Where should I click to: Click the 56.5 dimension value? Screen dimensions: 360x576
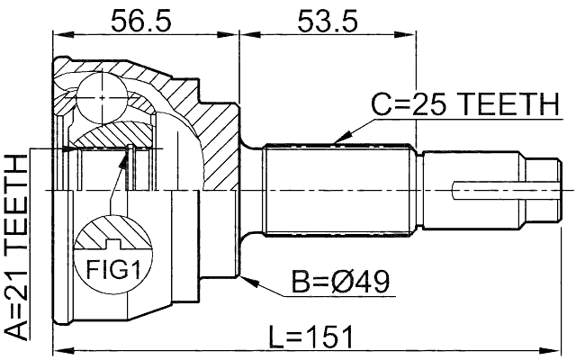tap(139, 19)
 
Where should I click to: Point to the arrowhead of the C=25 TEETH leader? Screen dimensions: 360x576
tap(335, 141)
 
